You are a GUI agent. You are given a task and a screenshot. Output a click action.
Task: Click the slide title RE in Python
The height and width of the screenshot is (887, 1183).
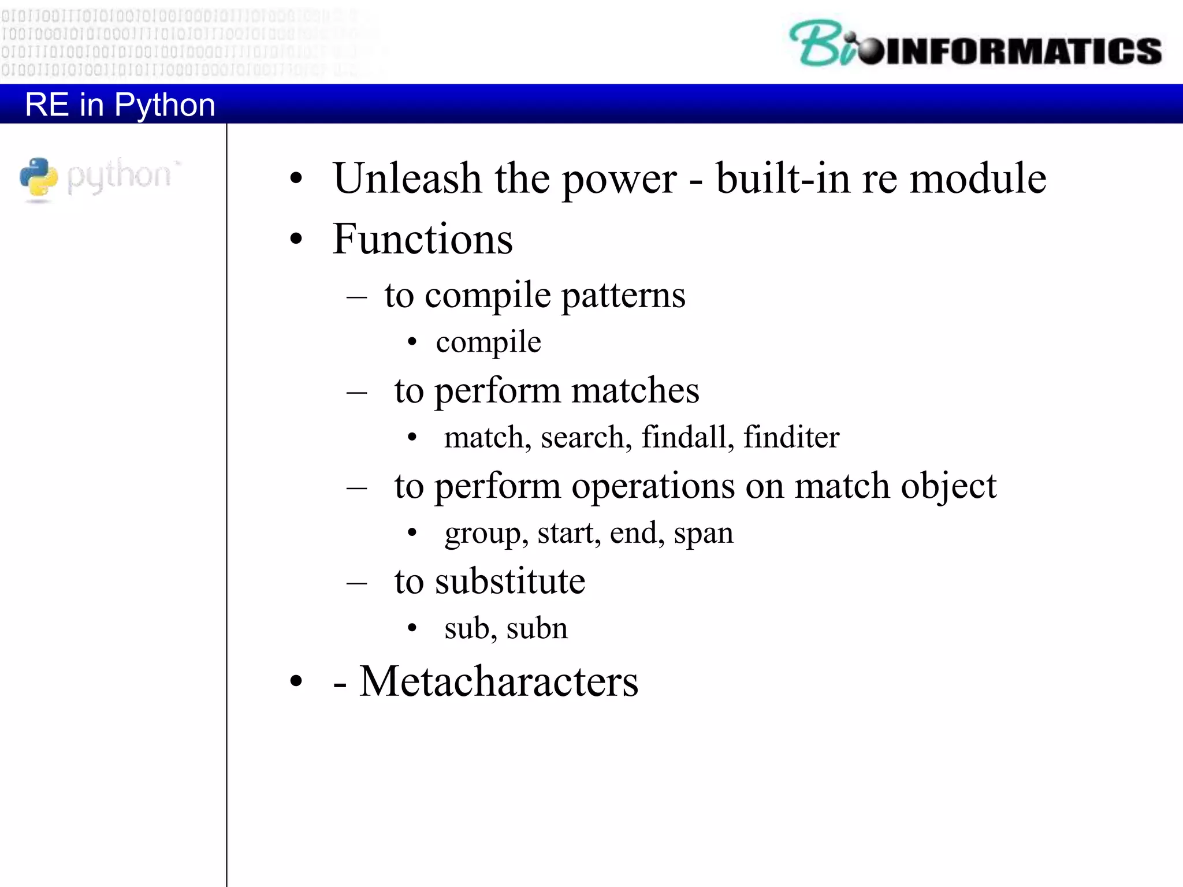120,105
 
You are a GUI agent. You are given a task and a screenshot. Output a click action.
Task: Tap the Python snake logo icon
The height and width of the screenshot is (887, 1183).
39,178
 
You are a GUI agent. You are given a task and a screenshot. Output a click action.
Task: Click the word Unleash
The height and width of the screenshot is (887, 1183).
407,178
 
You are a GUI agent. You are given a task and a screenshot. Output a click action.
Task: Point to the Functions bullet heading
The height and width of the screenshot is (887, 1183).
422,239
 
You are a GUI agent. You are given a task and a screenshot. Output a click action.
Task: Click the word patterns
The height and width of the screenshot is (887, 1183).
623,296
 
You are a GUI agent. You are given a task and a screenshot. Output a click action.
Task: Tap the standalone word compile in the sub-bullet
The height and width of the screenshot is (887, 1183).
488,342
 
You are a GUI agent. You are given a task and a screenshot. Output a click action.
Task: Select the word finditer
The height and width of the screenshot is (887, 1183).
791,437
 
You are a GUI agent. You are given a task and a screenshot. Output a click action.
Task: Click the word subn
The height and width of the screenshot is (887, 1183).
537,628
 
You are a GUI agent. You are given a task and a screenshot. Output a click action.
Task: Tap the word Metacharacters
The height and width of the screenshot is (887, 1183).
499,682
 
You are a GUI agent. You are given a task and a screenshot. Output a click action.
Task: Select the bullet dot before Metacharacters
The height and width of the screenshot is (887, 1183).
296,682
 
